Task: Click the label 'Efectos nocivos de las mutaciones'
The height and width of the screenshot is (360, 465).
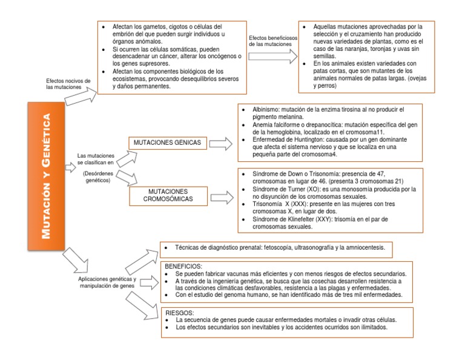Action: (x=68, y=84)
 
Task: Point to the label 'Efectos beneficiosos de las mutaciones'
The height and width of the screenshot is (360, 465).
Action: (x=274, y=41)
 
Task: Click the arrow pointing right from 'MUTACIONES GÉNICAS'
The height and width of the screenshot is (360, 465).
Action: (x=220, y=144)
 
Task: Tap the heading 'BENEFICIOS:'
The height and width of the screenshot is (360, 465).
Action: (x=184, y=267)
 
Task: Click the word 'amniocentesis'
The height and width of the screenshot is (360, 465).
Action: (x=366, y=247)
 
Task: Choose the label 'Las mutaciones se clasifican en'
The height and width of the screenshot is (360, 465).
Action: (x=96, y=159)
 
